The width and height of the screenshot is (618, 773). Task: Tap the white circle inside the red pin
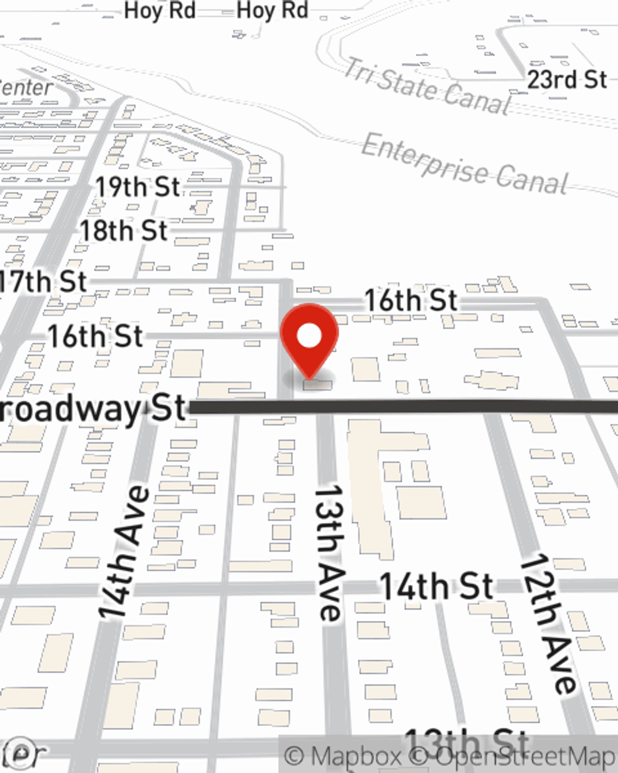(x=310, y=336)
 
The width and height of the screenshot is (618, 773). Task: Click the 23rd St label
(x=567, y=79)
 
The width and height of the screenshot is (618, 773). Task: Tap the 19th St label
(x=137, y=187)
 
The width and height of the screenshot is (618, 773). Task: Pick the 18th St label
(x=124, y=231)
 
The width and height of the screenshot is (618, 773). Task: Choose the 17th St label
(x=43, y=282)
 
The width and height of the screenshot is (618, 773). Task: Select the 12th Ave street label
(x=547, y=623)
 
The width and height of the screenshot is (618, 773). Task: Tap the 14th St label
(x=436, y=586)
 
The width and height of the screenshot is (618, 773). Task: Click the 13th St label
(x=467, y=741)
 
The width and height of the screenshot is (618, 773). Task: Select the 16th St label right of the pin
(x=411, y=301)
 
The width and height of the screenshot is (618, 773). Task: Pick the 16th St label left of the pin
(x=96, y=337)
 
